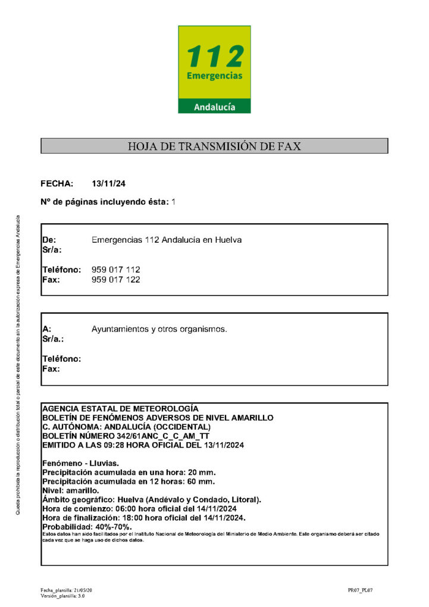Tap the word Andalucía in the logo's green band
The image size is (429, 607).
pos(214,107)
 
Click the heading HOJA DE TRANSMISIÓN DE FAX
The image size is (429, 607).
pos(214,146)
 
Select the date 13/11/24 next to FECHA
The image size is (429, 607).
pos(109,183)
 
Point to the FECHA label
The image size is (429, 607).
pos(57,183)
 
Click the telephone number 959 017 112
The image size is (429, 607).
pos(116,270)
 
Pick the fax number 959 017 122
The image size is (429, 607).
pos(116,279)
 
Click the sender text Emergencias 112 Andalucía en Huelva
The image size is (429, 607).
pos(167,240)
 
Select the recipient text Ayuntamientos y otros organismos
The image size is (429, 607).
pos(159,328)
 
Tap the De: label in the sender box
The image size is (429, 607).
pos(49,240)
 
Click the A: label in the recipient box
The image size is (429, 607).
pos(47,328)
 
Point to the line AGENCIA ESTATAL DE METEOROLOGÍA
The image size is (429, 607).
pos(120,409)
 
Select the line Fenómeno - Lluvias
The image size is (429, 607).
pos(81,463)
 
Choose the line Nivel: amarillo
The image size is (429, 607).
pos(71,490)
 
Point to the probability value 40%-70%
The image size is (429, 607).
pos(114,527)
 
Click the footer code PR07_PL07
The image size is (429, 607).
pos(361,590)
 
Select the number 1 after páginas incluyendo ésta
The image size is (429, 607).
pos(174,202)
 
